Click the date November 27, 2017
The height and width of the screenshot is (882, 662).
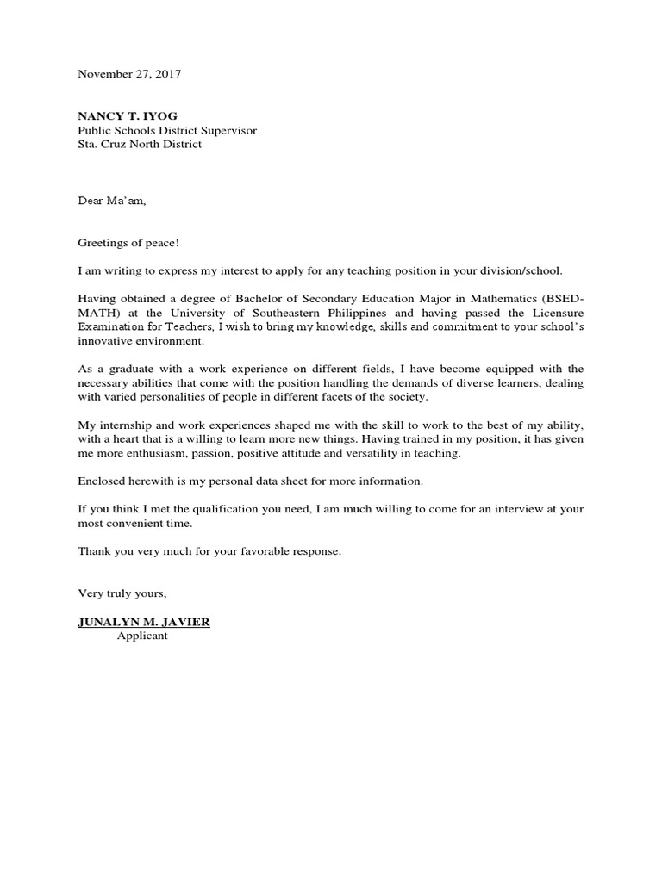click(129, 74)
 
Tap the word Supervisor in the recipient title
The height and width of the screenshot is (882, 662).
click(227, 131)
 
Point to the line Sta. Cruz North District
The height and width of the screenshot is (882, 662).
click(140, 145)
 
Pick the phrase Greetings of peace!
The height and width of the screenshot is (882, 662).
click(128, 243)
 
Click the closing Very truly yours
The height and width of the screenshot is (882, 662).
click(122, 594)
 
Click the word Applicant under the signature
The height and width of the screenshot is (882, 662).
click(143, 637)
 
